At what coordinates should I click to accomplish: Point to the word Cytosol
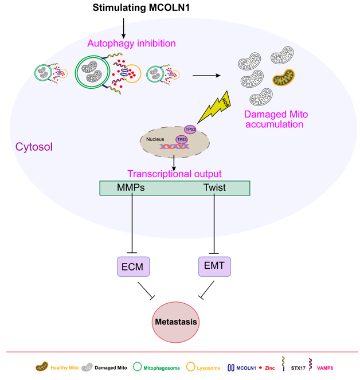pyautogui.click(x=34, y=147)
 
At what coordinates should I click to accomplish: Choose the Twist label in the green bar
pyautogui.click(x=214, y=187)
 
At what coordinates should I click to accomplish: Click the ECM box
pyautogui.click(x=134, y=267)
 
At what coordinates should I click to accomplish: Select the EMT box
pyautogui.click(x=214, y=265)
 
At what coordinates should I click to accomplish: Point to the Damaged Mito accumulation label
pyautogui.click(x=273, y=119)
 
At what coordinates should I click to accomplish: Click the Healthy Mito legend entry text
pyautogui.click(x=65, y=367)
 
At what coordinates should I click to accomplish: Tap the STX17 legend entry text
pyautogui.click(x=298, y=367)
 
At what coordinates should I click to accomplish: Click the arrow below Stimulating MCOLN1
pyautogui.click(x=124, y=26)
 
